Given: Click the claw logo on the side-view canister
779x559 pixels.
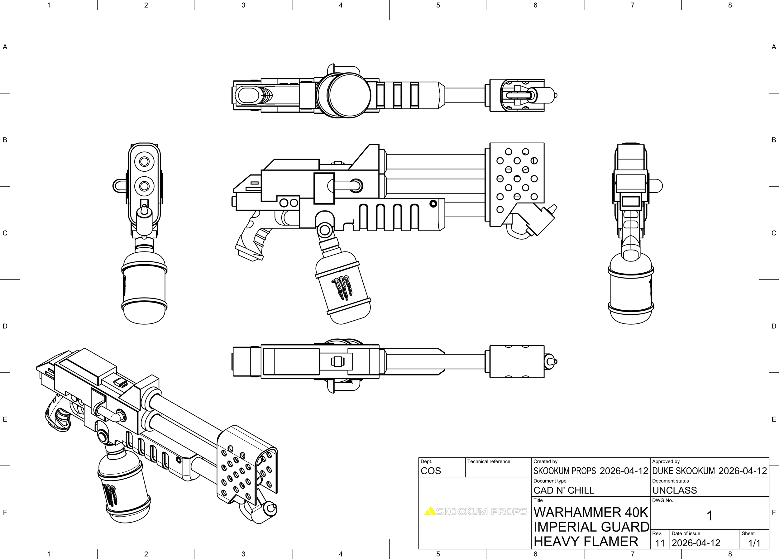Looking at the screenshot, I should [342, 288].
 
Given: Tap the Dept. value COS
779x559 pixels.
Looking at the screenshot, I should [430, 471].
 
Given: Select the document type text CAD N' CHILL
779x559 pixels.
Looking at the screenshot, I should [564, 490].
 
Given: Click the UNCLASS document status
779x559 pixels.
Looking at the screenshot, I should [674, 490].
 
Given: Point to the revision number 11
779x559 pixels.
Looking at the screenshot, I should [660, 543].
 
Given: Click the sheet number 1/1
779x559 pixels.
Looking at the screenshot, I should [754, 543].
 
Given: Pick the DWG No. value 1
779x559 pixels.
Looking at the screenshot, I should [709, 516].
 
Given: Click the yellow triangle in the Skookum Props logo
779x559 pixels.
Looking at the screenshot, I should [430, 511].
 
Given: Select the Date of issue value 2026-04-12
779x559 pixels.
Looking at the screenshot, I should [696, 543].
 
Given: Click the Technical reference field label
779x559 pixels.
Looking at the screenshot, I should [488, 461].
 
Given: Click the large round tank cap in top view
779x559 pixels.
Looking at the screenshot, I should [349, 95].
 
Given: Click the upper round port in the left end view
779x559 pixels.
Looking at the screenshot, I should [144, 161].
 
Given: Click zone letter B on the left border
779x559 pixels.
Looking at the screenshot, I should [5, 140].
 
